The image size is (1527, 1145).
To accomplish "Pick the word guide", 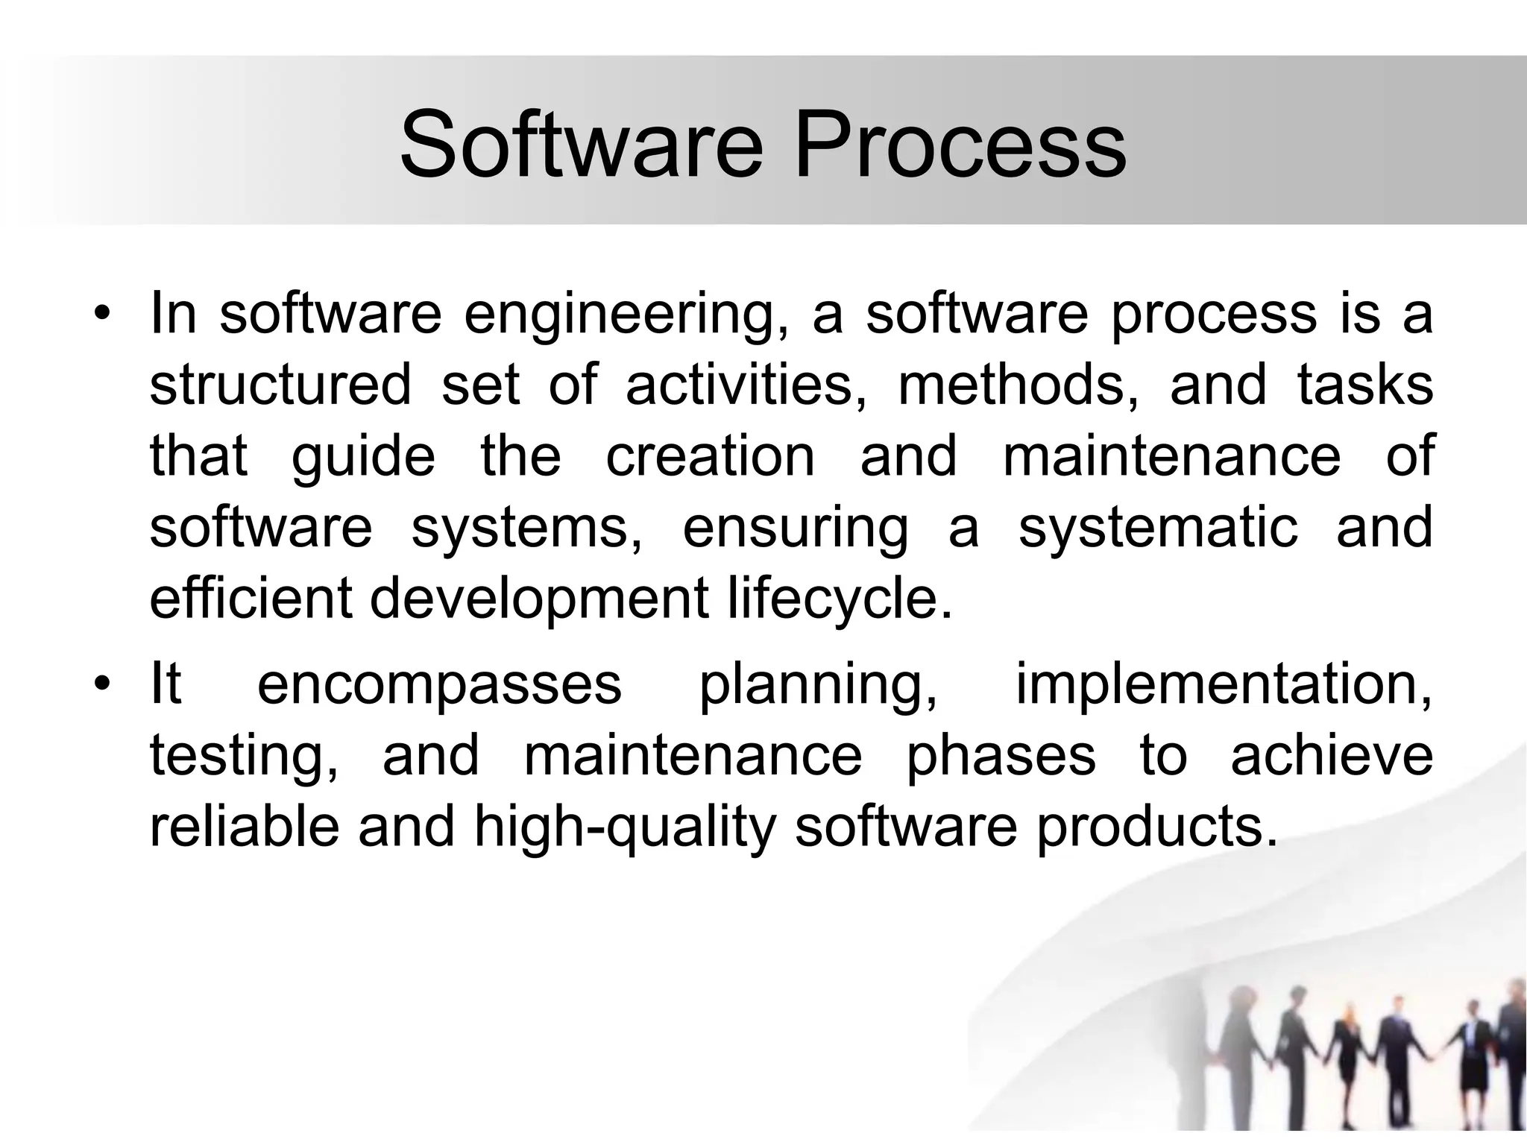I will [362, 458].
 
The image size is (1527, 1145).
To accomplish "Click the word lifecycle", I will [840, 600].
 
